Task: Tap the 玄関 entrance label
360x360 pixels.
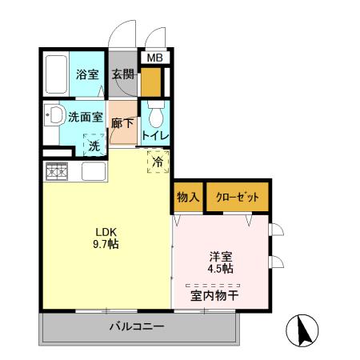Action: tap(123, 75)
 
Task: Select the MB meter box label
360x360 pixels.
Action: tap(154, 58)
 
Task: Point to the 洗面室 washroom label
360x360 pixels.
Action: tap(86, 116)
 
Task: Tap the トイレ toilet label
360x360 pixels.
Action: tap(154, 135)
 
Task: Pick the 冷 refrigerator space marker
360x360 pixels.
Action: tap(158, 162)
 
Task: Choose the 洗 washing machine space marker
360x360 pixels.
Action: tap(94, 146)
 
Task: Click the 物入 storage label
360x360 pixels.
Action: tap(187, 197)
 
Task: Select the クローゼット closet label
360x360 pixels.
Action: tap(236, 197)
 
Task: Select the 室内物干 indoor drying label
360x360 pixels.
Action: tap(214, 295)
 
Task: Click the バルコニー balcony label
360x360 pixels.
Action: tap(137, 327)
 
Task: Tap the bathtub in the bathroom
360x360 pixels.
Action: tap(55, 74)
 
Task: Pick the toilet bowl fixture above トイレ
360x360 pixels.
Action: tap(154, 110)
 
